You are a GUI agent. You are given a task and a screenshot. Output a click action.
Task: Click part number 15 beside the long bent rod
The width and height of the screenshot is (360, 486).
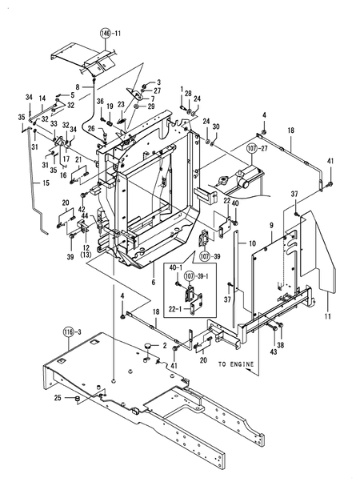click(x=22, y=183)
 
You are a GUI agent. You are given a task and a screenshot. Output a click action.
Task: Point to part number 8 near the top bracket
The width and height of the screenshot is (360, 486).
click(x=78, y=86)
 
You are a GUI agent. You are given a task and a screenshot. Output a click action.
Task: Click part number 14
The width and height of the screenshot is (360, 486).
click(x=42, y=98)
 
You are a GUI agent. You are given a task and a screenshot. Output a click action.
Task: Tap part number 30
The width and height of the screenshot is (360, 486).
click(x=215, y=127)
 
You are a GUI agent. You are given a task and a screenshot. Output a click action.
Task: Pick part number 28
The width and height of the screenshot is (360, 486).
click(x=188, y=94)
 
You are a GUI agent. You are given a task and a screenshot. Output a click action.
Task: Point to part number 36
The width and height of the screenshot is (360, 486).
click(x=100, y=101)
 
